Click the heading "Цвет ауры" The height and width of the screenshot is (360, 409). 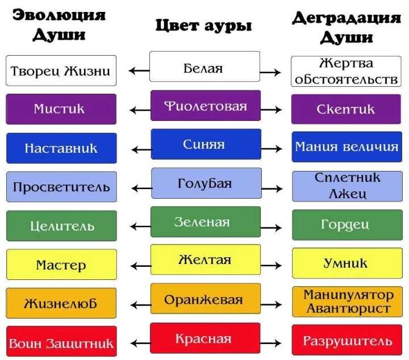203,26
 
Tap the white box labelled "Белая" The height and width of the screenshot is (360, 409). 204,66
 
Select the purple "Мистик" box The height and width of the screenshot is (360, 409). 61,109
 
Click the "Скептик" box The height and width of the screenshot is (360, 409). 346,109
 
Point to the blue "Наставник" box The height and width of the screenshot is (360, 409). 61,148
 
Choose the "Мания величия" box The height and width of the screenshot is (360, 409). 347,146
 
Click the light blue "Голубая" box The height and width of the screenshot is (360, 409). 206,183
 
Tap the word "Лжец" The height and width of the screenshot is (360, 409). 347,194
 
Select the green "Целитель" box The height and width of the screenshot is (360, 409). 61,226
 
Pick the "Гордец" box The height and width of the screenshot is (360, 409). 347,225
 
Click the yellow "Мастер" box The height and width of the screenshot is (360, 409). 61,265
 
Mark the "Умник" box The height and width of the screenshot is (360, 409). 347,263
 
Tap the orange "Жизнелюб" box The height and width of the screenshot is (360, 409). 61,303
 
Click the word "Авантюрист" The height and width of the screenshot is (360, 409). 348,308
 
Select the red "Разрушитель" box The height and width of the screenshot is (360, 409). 347,340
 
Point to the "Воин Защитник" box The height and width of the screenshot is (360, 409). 61,341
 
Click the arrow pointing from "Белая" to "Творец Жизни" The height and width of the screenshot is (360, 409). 139,70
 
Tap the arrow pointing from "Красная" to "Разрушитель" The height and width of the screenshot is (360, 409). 271,343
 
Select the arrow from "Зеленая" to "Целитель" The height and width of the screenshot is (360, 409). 140,226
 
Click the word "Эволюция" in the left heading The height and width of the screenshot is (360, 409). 59,15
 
